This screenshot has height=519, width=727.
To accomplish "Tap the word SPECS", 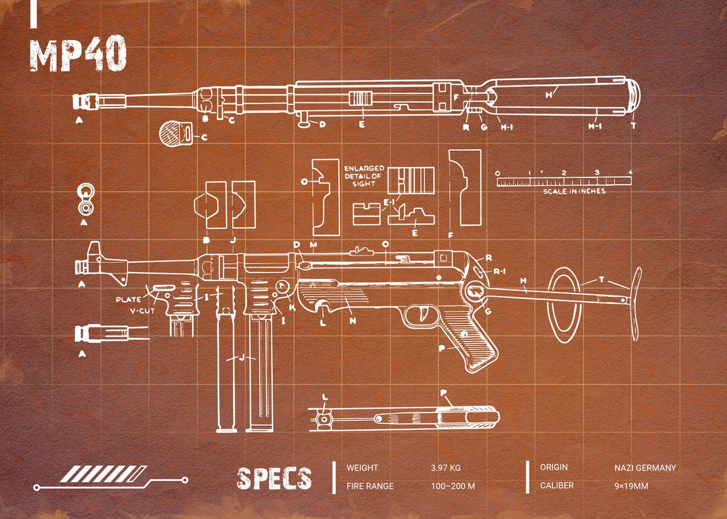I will tap(274, 478).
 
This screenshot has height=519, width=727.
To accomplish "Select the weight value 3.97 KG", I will tap(445, 468).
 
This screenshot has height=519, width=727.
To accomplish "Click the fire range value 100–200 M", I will tap(453, 486).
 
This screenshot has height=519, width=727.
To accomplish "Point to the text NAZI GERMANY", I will tap(645, 468).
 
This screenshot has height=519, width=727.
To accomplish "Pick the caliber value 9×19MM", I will tap(631, 486).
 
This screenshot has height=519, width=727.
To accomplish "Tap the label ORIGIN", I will tap(554, 468).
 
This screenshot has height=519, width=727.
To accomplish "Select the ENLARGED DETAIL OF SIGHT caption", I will tap(363, 176).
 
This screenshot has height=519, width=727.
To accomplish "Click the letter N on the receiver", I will tap(352, 320).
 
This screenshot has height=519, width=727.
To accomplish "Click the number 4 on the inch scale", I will tap(631, 172).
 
